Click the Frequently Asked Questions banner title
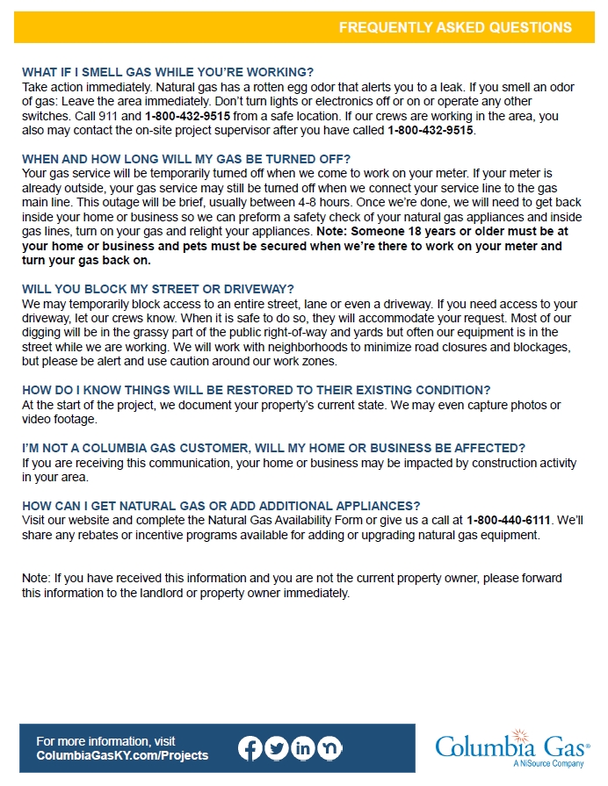455,27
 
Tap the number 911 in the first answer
130,116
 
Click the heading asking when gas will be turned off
186,159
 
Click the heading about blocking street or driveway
158,289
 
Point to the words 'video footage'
59,419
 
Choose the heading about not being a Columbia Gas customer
273,448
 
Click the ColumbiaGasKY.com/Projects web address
122,755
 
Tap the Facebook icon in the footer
250,748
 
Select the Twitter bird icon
277,748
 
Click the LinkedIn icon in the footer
303,748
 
